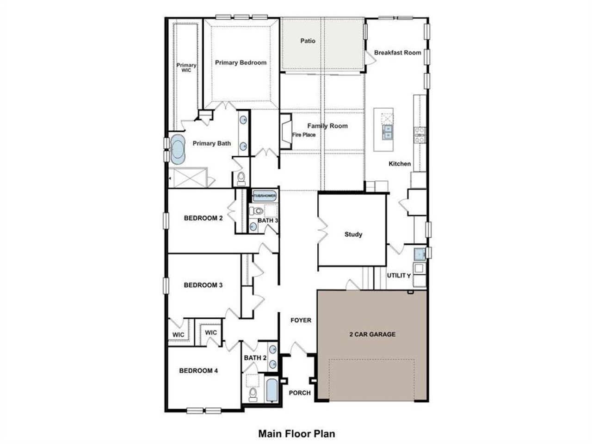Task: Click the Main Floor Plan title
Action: coord(296,434)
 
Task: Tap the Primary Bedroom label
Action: coord(240,62)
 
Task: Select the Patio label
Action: coord(308,41)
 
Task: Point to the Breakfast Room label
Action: coord(397,53)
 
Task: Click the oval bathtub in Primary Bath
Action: coord(177,150)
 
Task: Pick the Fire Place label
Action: coord(303,135)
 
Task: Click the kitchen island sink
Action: coord(387,132)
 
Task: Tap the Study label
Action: coord(353,234)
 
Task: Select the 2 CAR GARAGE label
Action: coord(372,334)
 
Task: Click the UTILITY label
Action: coord(399,275)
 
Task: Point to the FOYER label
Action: coord(301,320)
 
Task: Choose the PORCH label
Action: coord(300,393)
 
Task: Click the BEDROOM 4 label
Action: coord(198,370)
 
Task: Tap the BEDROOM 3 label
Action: coord(203,285)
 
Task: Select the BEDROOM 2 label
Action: coord(203,218)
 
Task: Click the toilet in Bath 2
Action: coord(253,394)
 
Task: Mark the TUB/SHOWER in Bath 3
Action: coord(264,196)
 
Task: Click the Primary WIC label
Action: coord(186,68)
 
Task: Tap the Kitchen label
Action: coord(399,163)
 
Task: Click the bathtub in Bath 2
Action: coord(271,391)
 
